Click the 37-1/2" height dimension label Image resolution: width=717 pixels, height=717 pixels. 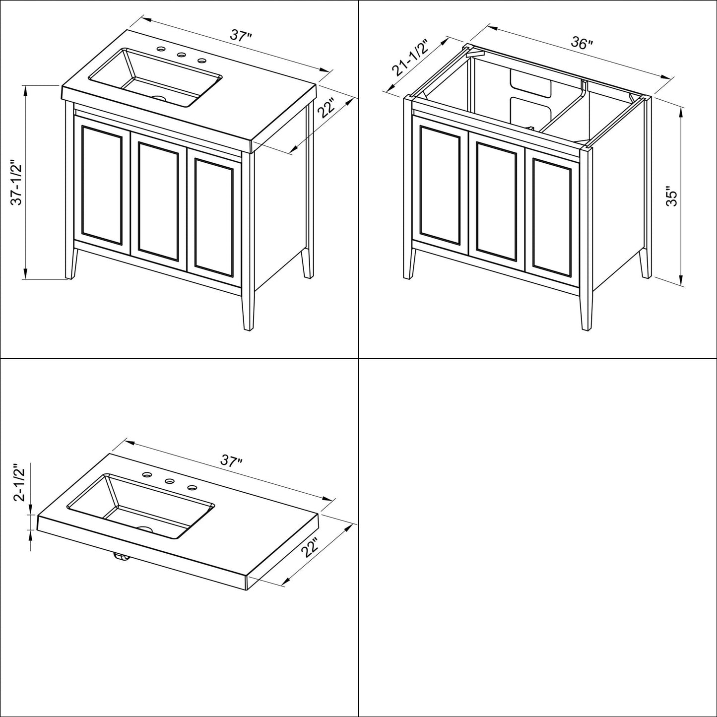(x=17, y=182)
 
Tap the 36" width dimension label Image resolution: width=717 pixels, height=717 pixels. (x=582, y=43)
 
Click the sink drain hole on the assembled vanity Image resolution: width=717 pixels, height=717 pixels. (x=159, y=98)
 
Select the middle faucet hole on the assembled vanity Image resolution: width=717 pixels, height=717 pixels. (x=181, y=55)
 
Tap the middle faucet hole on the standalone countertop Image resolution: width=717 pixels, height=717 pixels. (x=169, y=480)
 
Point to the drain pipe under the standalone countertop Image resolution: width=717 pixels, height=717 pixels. (x=121, y=558)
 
